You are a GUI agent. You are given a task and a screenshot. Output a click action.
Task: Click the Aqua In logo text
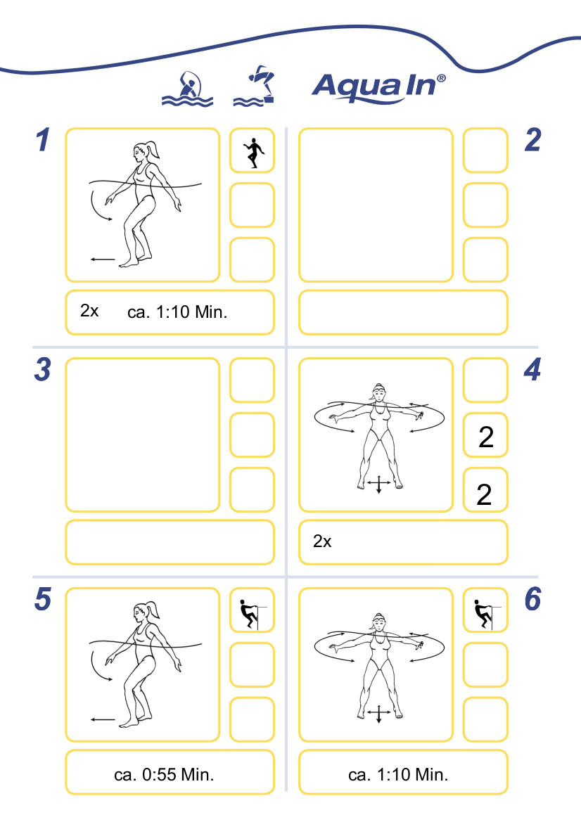click(378, 87)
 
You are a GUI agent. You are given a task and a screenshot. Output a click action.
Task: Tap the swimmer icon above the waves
click(187, 89)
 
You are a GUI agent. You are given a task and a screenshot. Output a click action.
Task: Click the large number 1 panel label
click(43, 140)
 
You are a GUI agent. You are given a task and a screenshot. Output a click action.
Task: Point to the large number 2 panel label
click(532, 140)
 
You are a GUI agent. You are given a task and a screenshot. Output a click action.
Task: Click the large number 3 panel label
click(42, 370)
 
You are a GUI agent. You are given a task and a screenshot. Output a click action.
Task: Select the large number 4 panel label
click(532, 370)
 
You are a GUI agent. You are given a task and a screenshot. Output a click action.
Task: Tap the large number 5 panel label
click(42, 599)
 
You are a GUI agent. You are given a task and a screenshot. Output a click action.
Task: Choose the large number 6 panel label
click(532, 599)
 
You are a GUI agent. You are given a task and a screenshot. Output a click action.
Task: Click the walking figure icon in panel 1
click(253, 153)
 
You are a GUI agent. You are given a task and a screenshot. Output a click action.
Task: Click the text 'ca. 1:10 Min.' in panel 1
click(177, 312)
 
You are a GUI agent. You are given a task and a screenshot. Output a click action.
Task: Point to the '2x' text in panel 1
click(89, 311)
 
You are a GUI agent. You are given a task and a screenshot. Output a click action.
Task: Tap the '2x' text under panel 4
click(322, 541)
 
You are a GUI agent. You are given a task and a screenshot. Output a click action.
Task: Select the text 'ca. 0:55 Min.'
click(164, 775)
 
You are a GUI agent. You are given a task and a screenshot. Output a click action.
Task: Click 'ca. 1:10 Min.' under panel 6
click(398, 775)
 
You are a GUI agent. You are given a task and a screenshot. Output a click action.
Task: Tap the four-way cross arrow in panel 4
click(378, 484)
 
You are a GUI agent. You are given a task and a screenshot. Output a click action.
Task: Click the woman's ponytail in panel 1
click(153, 149)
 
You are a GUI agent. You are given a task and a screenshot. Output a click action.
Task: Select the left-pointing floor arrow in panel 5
click(103, 720)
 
